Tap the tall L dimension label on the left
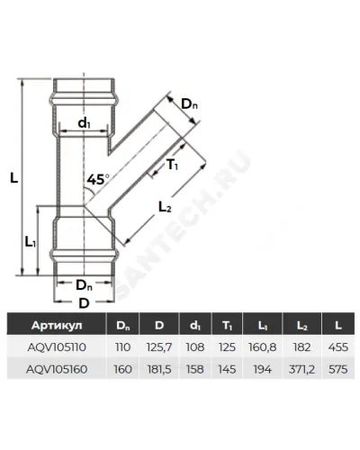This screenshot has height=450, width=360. point(13,178)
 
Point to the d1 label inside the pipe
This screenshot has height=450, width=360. point(84,123)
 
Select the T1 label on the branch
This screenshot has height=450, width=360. point(172,165)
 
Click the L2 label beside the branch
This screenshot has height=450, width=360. point(165,206)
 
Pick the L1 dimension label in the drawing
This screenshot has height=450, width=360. point(31,241)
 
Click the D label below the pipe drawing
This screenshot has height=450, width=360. point(84,303)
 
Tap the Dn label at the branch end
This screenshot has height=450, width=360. point(190,104)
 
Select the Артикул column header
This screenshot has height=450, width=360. point(57,325)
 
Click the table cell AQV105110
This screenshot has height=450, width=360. point(57,347)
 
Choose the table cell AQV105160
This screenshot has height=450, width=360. point(57,369)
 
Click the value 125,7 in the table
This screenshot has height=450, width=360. point(159,347)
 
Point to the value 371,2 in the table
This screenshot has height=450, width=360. point(301,369)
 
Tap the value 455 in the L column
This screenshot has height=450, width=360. point(338,347)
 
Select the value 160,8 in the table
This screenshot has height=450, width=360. point(262,347)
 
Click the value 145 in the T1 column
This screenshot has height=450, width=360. point(227,369)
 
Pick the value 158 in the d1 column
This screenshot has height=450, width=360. point(195,369)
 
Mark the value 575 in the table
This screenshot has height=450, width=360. point(338,369)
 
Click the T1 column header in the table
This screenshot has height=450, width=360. point(227,326)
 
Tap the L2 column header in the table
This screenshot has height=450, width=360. point(301,326)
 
